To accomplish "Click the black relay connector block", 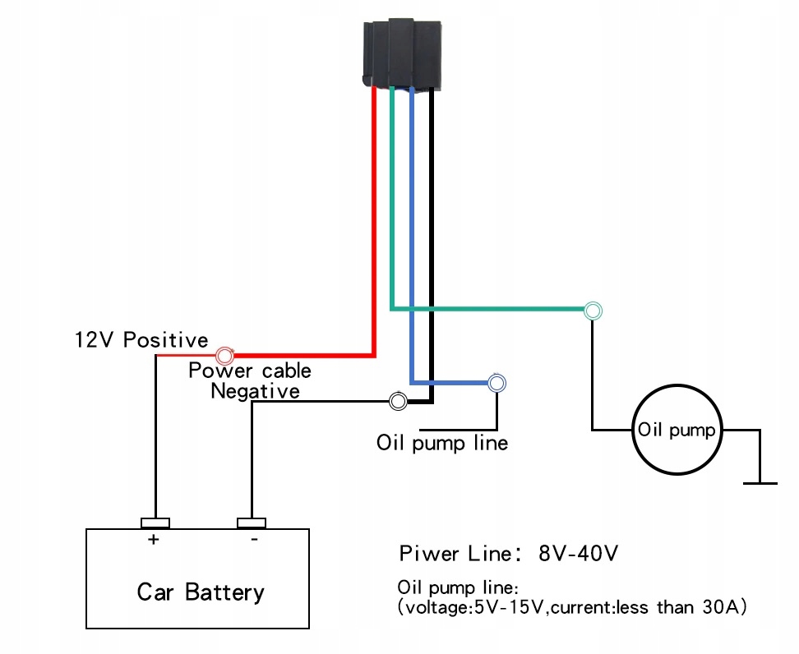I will [x=403, y=54].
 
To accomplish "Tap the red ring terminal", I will [x=224, y=356].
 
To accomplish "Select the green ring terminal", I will [x=593, y=311].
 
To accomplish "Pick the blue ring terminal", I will [x=496, y=382].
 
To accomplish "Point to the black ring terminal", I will [x=398, y=401].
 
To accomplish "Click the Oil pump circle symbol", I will [x=676, y=431].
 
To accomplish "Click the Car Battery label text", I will [x=201, y=592].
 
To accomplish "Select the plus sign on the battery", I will [x=153, y=540].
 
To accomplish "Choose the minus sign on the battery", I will [x=254, y=540].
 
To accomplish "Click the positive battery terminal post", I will [x=155, y=523].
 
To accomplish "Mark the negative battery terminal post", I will [x=251, y=523].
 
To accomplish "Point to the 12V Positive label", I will [x=141, y=340].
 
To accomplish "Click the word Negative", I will [x=255, y=390].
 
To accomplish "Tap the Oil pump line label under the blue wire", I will [x=442, y=444].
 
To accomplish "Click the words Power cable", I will [x=250, y=371].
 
